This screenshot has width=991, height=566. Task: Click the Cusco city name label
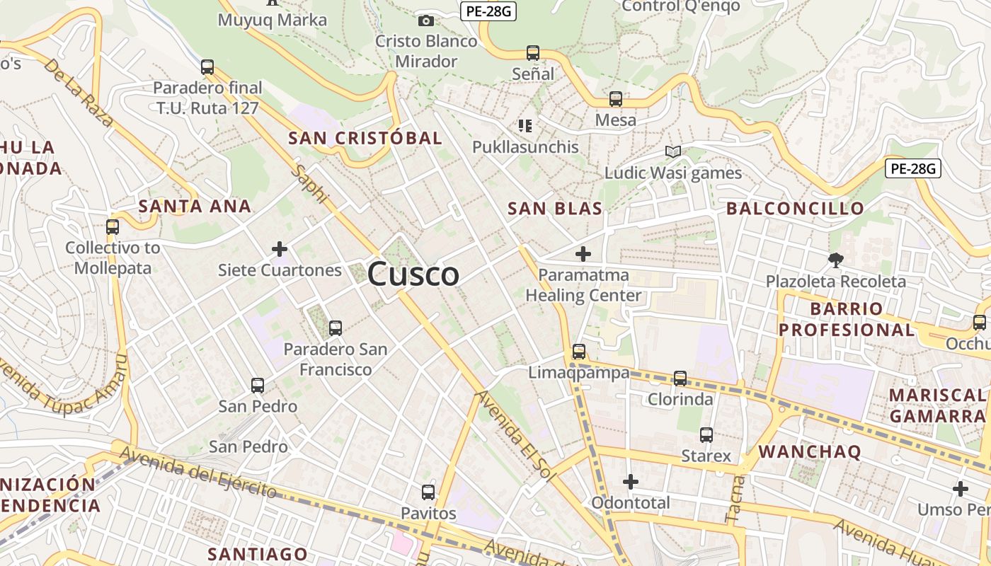coord(413,274)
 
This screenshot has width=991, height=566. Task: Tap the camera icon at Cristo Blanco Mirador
coord(426,21)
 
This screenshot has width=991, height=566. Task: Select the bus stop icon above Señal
coord(533,53)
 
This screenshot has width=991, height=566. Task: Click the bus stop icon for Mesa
coord(616,99)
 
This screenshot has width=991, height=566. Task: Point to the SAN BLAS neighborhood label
coord(555,208)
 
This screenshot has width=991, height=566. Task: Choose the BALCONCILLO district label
coord(796,208)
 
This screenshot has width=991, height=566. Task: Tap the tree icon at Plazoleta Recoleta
coord(836,260)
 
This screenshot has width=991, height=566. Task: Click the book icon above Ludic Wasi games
coord(672,152)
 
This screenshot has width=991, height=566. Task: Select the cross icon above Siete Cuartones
coord(280,249)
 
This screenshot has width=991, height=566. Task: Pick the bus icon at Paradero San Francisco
coord(336,328)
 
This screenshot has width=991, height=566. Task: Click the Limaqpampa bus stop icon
coord(579,352)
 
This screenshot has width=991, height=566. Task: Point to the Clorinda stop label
coord(680,399)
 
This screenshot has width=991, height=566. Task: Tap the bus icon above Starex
coord(706,435)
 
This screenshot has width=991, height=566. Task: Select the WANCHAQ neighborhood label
coord(810,451)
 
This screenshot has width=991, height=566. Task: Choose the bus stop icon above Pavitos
coord(428,492)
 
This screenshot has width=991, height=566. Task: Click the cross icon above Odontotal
coord(631,483)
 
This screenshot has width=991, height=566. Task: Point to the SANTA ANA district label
coord(195,207)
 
